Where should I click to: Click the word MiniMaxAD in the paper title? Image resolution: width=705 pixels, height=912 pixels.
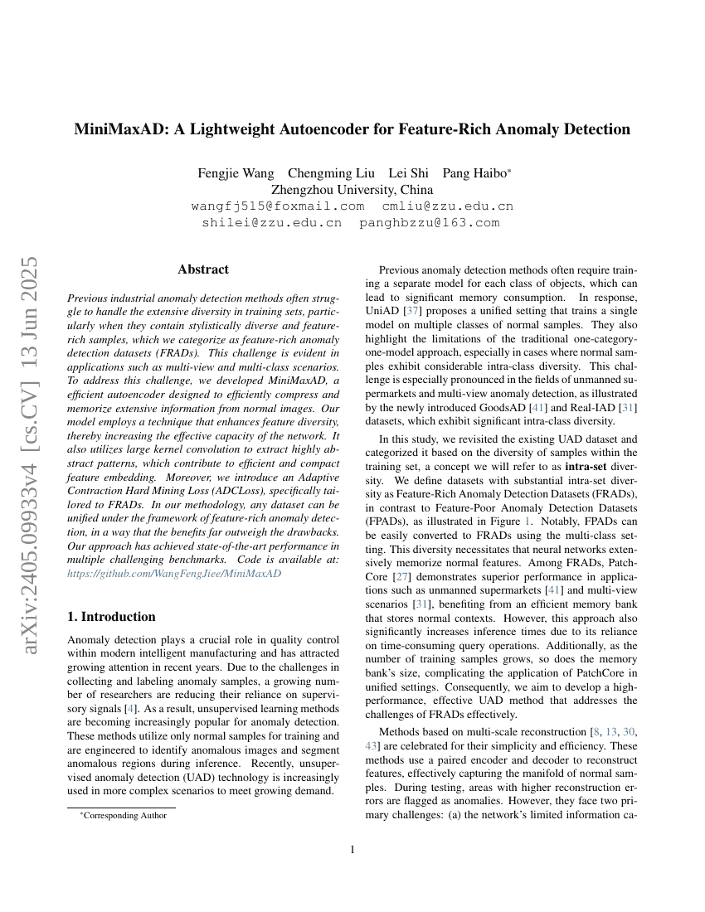point(122,129)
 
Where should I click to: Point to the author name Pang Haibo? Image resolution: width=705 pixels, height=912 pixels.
point(475,173)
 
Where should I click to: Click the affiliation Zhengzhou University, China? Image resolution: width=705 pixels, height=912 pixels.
point(352,190)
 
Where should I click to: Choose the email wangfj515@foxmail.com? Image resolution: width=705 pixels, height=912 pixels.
point(278,206)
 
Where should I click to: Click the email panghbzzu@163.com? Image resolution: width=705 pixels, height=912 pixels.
point(430,223)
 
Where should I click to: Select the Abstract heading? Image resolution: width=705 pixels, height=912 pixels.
point(203,269)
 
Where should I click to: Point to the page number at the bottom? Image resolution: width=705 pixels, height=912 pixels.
point(352,850)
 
